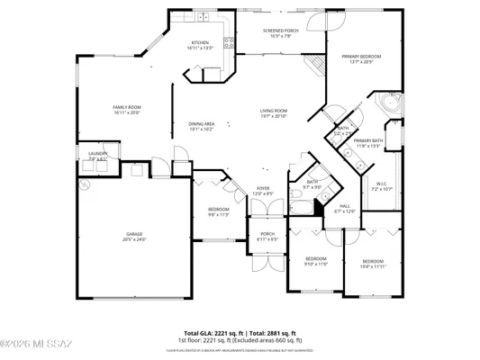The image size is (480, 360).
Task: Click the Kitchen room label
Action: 200,46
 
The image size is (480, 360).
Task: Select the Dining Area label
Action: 201,126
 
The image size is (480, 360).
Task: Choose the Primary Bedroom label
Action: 361,59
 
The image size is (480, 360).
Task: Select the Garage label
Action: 134,237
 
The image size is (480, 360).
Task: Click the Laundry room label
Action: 97,156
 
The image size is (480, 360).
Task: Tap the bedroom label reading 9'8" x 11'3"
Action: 218,212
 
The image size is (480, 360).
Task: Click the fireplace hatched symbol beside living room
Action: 314,65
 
